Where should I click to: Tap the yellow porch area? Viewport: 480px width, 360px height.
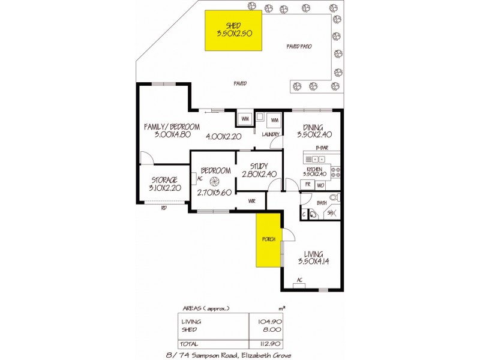point(268,240)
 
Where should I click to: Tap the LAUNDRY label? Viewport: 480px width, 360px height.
point(270,134)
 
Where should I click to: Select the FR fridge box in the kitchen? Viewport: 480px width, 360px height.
point(307,185)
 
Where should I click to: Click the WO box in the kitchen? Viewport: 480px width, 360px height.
point(320,185)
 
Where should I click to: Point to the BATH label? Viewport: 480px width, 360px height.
point(322,203)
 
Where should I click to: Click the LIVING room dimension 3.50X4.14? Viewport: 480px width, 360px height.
point(313,261)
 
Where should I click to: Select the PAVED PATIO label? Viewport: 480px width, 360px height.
point(299,46)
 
